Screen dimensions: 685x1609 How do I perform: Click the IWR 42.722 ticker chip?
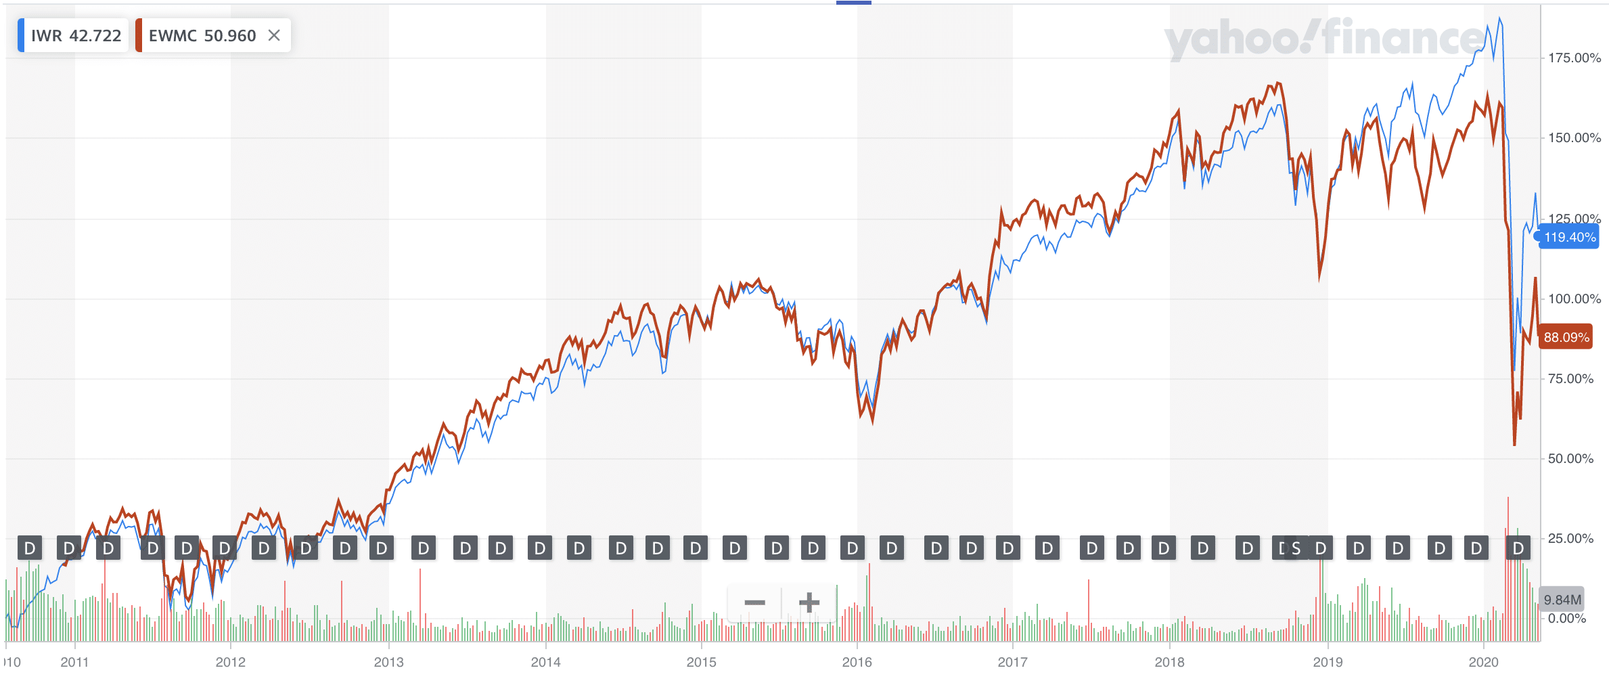click(x=74, y=36)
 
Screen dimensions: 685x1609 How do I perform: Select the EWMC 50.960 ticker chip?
click(x=202, y=36)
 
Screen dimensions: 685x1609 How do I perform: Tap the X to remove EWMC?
click(x=274, y=36)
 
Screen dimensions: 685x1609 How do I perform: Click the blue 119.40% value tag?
click(x=1569, y=238)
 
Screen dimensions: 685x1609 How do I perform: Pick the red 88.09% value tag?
click(x=1566, y=337)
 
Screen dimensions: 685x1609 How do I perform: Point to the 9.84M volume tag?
click(x=1562, y=600)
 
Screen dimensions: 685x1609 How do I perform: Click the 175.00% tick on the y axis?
click(x=1574, y=58)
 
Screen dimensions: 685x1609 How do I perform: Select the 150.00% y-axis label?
click(x=1574, y=138)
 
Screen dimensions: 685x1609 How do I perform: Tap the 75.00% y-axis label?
click(x=1570, y=379)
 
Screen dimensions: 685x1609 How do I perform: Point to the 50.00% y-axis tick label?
click(x=1570, y=459)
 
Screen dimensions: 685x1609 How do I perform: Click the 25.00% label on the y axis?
click(x=1570, y=539)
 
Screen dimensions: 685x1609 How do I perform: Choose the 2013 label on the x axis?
click(x=388, y=663)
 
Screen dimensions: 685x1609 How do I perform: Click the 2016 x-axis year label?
click(x=857, y=663)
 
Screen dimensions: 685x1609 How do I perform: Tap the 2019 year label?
click(x=1328, y=663)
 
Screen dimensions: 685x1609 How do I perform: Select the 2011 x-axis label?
click(x=74, y=663)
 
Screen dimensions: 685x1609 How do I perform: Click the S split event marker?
click(x=1296, y=548)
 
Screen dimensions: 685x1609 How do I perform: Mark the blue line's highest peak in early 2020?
click(x=1499, y=19)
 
